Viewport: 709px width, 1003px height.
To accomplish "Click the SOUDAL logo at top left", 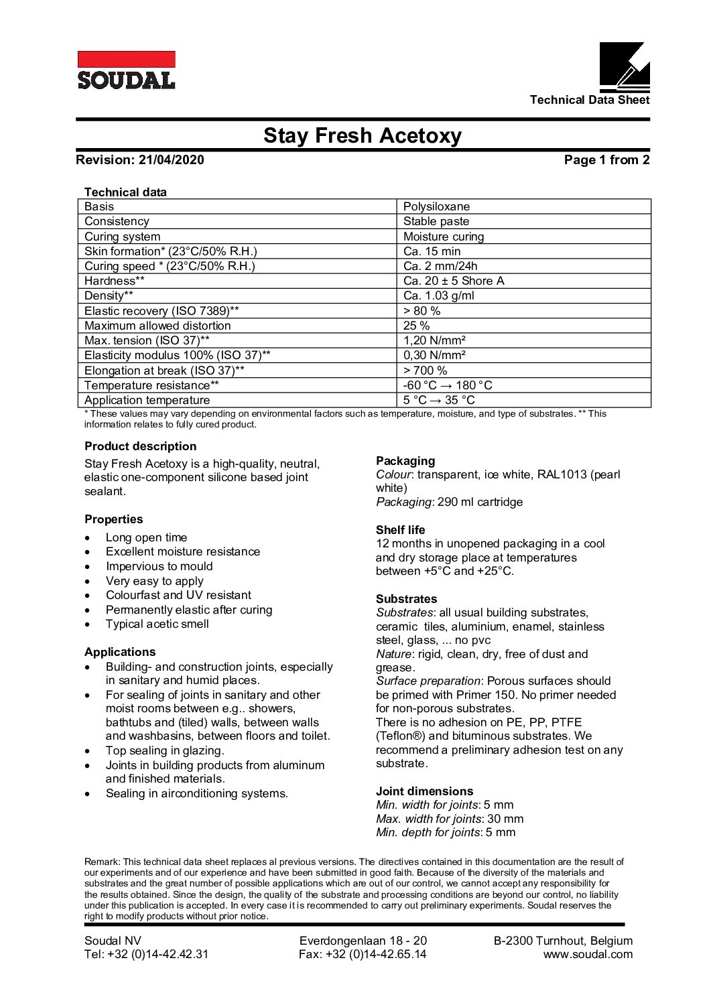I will [x=126, y=70].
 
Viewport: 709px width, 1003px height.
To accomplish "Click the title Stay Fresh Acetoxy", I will [x=362, y=136].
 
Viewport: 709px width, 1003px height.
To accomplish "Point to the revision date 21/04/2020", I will [x=171, y=160].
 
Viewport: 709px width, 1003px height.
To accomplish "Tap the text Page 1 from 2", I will [x=606, y=160].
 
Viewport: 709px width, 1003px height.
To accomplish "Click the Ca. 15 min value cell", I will [x=432, y=251].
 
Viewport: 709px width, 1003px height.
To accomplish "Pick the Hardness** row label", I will [x=115, y=281].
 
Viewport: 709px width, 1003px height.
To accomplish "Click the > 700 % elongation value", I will [x=425, y=371].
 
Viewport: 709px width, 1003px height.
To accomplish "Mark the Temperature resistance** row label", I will [x=151, y=385].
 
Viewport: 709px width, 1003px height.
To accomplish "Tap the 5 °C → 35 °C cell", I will [x=439, y=400].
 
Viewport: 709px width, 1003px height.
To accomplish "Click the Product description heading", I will [x=141, y=446].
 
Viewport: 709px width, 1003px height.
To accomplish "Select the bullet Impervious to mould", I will [x=159, y=566].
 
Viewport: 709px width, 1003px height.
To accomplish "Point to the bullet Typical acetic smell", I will [x=157, y=624].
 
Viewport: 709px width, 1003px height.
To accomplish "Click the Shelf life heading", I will [x=400, y=530].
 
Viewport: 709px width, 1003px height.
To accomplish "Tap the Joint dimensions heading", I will [x=424, y=791].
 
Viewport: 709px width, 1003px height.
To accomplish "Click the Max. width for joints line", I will [x=450, y=819].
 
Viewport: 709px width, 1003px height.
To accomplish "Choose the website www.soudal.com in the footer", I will [x=588, y=955].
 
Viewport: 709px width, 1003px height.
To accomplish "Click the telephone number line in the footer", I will [x=146, y=955].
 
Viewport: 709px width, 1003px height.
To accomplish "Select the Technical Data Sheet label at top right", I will [x=589, y=100].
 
